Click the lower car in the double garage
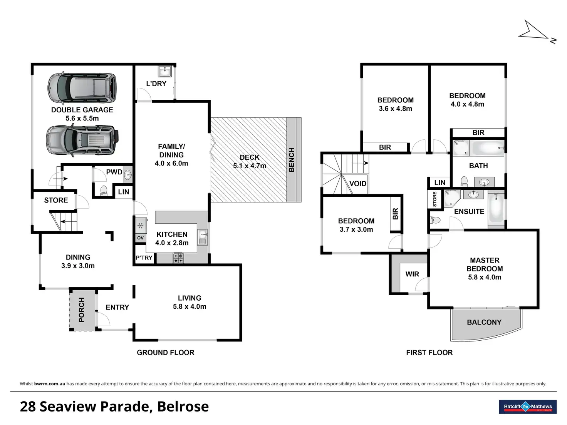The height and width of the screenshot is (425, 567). pos(82,141)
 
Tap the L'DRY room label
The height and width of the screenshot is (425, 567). pos(156,84)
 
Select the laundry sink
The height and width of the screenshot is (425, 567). pos(165,71)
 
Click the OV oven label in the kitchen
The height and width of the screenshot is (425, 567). pos(141,238)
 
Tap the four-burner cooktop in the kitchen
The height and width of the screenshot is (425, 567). pos(178,258)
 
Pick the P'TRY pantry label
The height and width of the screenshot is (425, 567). pos(144,258)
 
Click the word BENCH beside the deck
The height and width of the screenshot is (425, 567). pos(291,160)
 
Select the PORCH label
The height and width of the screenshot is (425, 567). pos(81,310)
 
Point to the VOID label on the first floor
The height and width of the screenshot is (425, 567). pos(358,184)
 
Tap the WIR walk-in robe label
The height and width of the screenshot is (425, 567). pos(412,274)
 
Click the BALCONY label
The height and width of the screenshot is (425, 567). pos(484,322)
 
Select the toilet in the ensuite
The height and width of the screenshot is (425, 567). pos(435,220)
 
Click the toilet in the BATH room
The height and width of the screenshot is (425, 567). pos(464,181)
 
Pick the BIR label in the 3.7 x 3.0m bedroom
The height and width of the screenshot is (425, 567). pos(395,214)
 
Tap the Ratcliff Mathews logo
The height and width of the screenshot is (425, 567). pos(528,407)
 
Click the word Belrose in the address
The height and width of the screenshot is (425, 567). pos(183,407)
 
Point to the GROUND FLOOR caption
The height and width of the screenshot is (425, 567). pos(166,353)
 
